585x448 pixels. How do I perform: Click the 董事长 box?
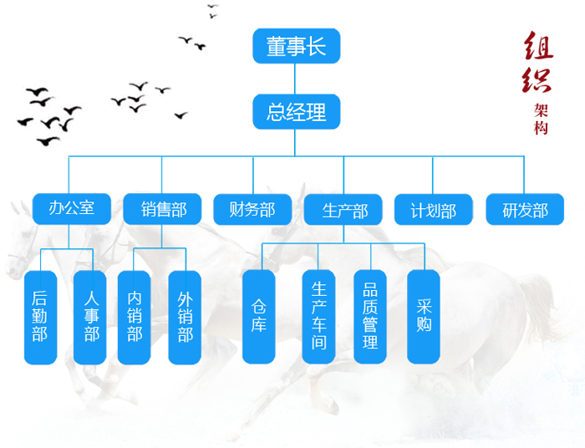tap(297, 46)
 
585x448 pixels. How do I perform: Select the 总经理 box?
tap(297, 111)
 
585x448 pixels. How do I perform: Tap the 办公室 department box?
tap(72, 208)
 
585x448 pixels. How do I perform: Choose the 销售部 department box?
tap(162, 209)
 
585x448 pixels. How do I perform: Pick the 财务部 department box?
tap(252, 209)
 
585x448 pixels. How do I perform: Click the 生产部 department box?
tap(343, 210)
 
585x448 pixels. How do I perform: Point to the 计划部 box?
tap(434, 210)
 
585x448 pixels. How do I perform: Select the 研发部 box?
tap(525, 209)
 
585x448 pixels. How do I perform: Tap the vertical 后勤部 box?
tap(41, 318)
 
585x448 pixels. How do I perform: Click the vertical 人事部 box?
tap(90, 318)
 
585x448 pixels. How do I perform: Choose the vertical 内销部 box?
tap(135, 318)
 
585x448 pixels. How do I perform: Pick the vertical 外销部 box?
tap(185, 318)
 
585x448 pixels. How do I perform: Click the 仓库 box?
tap(259, 317)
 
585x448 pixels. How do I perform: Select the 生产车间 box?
tap(318, 317)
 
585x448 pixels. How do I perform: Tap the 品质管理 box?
tap(370, 317)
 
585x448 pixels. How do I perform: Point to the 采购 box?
tap(424, 317)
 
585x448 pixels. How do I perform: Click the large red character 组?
tap(538, 45)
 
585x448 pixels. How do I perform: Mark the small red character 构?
tap(541, 128)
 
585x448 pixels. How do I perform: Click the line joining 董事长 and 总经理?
tap(295, 79)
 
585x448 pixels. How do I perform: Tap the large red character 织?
tap(537, 79)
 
